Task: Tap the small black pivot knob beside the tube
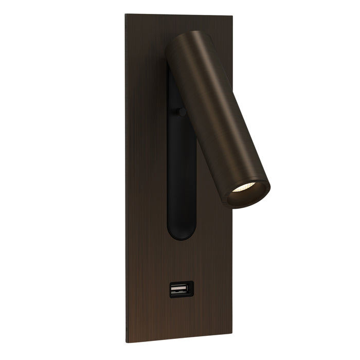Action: coord(181,111)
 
